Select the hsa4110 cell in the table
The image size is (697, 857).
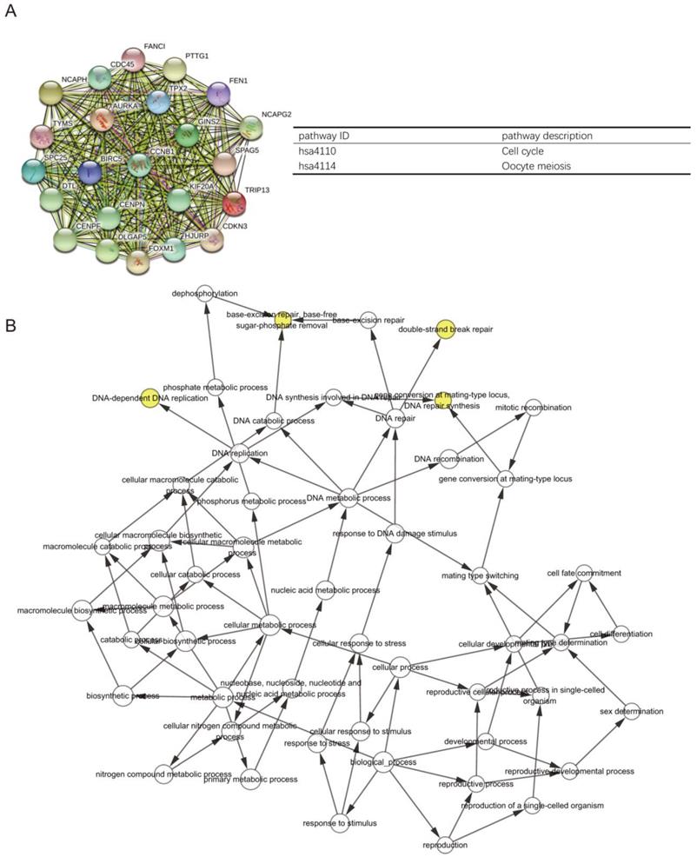(316, 151)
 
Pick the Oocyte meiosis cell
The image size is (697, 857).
(536, 166)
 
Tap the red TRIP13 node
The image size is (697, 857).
(234, 204)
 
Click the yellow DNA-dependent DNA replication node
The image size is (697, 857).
(149, 397)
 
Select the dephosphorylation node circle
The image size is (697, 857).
(205, 294)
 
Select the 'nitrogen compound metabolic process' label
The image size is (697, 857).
(163, 773)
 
